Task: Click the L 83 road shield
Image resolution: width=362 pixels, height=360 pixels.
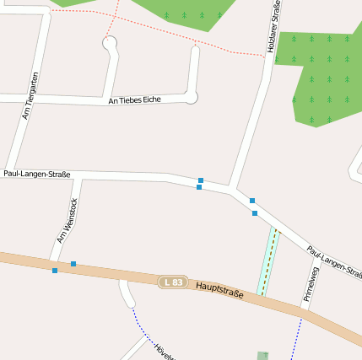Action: point(172,282)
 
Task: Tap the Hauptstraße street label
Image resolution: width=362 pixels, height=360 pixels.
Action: point(219,291)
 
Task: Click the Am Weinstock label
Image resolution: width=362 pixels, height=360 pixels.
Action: point(67,221)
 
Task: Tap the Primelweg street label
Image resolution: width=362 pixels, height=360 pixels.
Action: point(311,284)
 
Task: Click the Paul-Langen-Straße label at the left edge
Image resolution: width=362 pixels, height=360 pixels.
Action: point(36,174)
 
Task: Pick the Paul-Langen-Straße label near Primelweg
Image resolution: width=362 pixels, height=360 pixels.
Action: point(334,262)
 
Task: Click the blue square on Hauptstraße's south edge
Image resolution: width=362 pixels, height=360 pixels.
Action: point(55,271)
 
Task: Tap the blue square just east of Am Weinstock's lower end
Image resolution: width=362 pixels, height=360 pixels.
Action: point(73,264)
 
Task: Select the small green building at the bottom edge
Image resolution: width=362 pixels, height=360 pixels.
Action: point(262,356)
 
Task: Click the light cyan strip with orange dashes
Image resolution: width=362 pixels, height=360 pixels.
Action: point(267,261)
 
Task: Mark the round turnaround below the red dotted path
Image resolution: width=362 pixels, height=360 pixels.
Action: point(109,43)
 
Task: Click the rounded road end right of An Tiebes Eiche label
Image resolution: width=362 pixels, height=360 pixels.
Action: point(192,98)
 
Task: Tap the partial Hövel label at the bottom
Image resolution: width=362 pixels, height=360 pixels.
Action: point(163,351)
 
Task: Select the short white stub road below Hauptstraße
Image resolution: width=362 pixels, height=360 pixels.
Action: point(127,294)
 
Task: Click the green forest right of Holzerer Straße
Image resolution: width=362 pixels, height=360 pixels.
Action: point(321,76)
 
